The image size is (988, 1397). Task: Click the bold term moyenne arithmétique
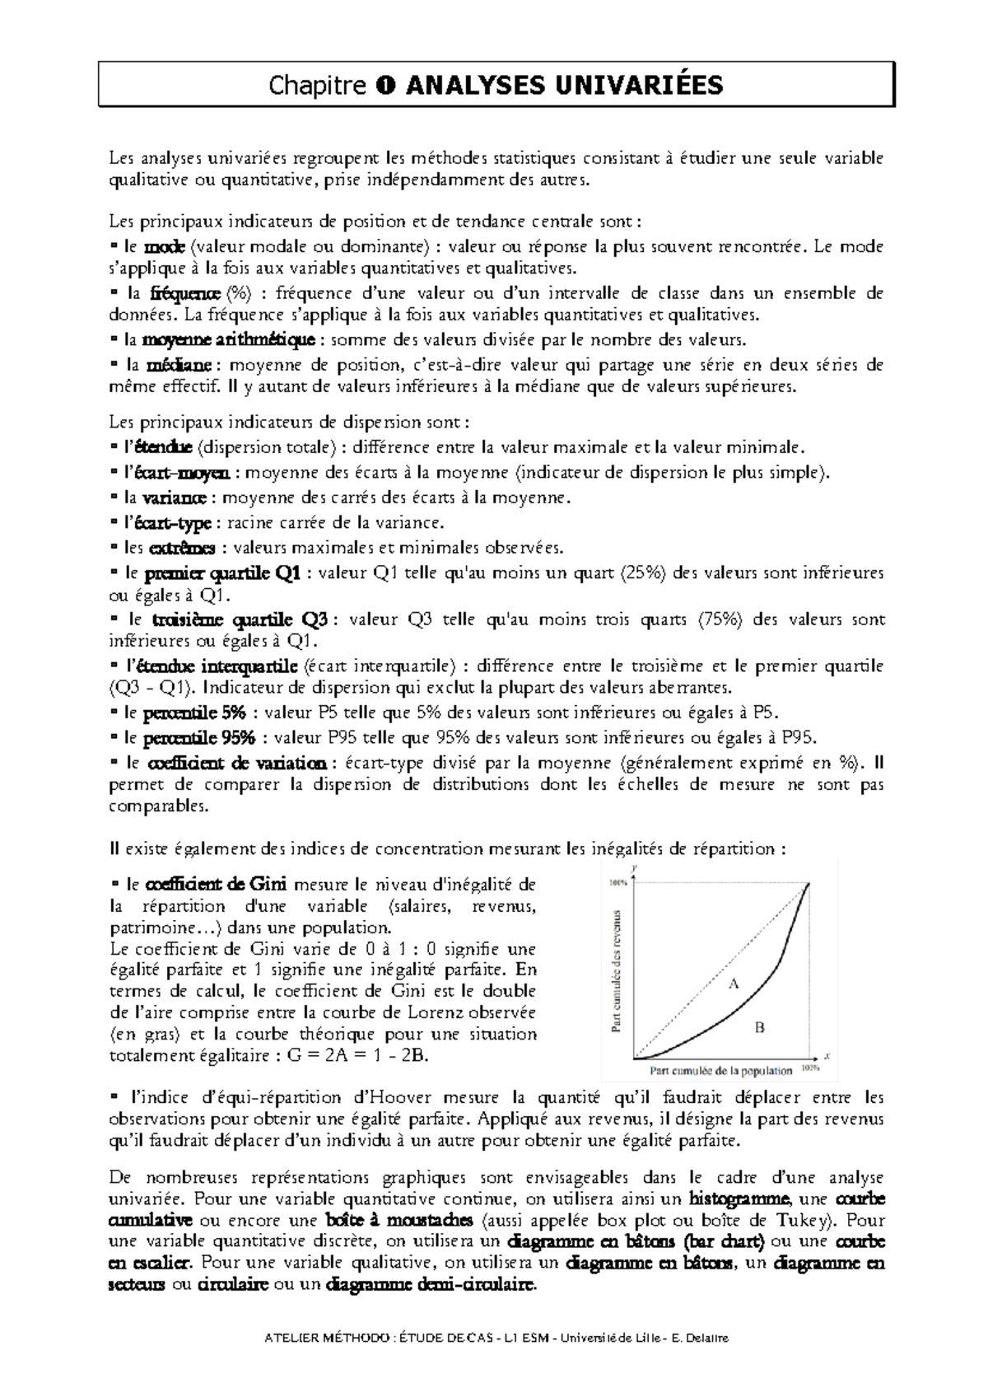pos(228,339)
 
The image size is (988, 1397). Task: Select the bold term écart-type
pos(181,522)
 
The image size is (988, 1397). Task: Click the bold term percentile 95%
pos(204,737)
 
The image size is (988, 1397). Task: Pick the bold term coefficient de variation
pos(240,762)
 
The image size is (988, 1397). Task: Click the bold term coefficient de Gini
pos(217,885)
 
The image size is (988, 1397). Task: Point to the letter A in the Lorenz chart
pos(734,983)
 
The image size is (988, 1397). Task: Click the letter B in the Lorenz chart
pos(760,1026)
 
